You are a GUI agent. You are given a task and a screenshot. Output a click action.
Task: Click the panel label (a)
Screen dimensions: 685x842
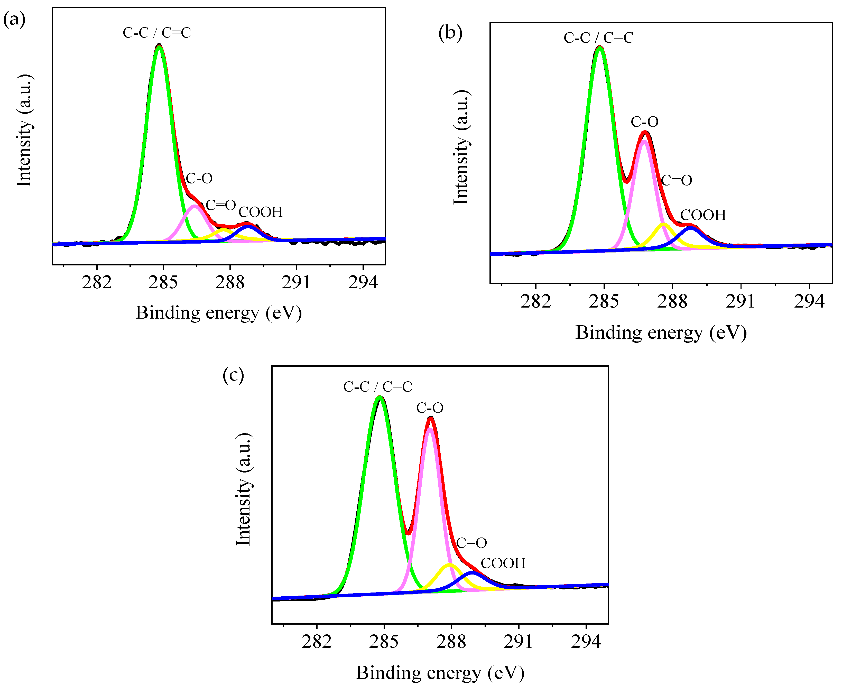coord(15,19)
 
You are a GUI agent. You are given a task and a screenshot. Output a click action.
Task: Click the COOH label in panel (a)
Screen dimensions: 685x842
coord(261,212)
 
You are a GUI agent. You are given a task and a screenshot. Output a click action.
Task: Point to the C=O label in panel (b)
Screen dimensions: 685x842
coord(676,180)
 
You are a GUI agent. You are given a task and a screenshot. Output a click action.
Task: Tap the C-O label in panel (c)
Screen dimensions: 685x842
coord(430,408)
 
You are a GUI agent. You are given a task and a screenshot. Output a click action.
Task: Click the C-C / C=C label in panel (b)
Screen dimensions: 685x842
coord(598,38)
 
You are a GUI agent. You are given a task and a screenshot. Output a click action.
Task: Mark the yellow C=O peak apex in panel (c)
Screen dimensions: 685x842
coord(449,565)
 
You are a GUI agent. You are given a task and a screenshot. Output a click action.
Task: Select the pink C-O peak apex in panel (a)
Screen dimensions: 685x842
coord(195,206)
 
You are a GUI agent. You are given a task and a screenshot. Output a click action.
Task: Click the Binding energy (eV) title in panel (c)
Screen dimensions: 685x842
coord(440,673)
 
